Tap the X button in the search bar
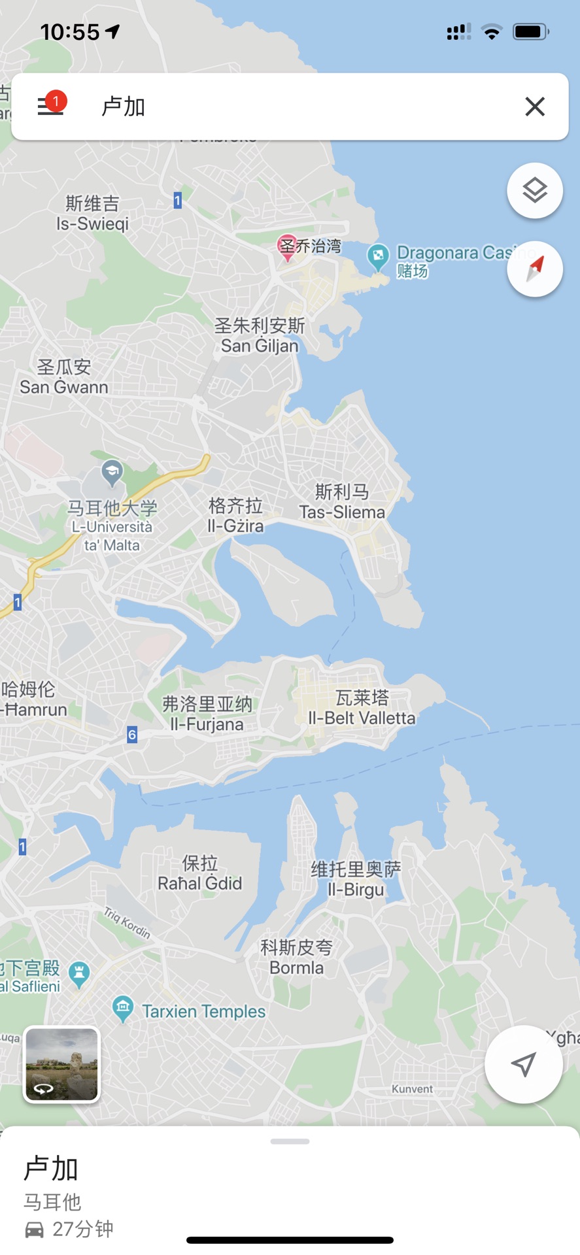coord(534,107)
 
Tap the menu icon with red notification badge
coord(51,105)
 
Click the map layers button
coord(534,191)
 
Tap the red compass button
coord(534,269)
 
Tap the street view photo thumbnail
coord(61,1064)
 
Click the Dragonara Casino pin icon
coord(378,256)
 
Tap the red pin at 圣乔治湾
coord(287,247)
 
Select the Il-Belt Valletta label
coord(362,718)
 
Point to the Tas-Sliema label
coord(342,512)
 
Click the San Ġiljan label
coord(260,346)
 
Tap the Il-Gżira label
coord(235,526)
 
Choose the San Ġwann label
coord(64,387)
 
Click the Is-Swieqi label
coord(92,224)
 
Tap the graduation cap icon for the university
coord(112,472)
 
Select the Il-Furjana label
coord(207,724)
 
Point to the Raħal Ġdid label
coord(200,883)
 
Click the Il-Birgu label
coord(356,889)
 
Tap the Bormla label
coord(297,967)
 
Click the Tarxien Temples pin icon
coord(122,1009)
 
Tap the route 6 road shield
coord(132,735)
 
